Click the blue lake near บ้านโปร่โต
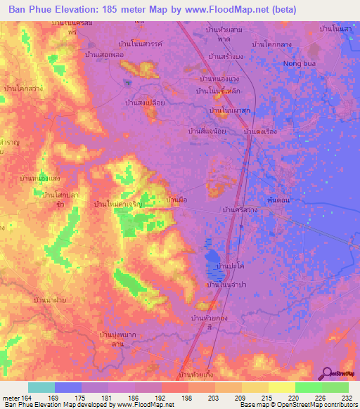212,257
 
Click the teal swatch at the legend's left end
41,388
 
